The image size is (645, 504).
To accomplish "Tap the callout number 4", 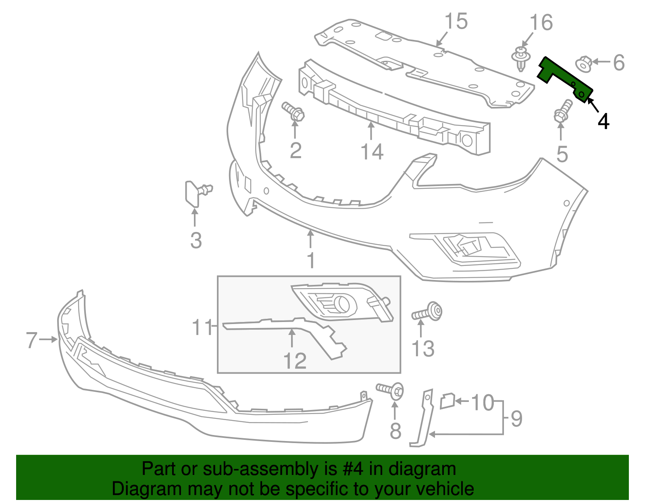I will pyautogui.click(x=603, y=121).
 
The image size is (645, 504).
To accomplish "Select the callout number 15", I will pyautogui.click(x=456, y=21).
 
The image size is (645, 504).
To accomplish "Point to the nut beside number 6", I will pyautogui.click(x=583, y=64).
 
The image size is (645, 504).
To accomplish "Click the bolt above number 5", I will pyautogui.click(x=563, y=111).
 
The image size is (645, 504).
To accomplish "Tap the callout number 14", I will pyautogui.click(x=372, y=152).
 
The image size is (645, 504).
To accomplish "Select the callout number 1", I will pyautogui.click(x=310, y=260).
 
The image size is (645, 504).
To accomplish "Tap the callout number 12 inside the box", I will pyautogui.click(x=295, y=360).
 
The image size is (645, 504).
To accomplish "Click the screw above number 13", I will pyautogui.click(x=427, y=312).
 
